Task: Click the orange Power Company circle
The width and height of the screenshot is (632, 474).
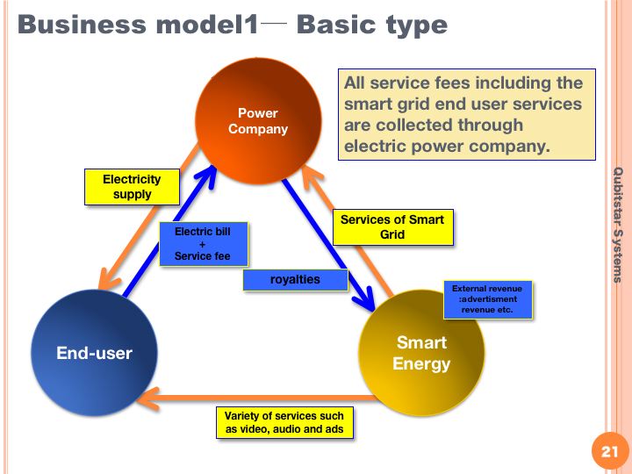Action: (x=258, y=121)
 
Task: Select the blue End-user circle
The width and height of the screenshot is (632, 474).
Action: (x=94, y=353)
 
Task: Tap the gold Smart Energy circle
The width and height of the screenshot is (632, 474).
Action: (x=421, y=353)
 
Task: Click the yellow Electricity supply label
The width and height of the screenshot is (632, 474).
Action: (x=132, y=187)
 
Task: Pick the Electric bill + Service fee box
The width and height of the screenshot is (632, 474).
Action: (x=204, y=244)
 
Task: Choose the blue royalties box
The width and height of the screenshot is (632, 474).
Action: (x=295, y=280)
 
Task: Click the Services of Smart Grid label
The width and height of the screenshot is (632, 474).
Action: (x=393, y=227)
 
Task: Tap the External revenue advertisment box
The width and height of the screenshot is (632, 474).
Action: (x=488, y=299)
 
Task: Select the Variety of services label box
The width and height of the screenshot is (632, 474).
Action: (x=284, y=422)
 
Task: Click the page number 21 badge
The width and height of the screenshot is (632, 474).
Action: (x=609, y=451)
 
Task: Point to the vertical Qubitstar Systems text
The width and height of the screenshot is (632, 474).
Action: (x=617, y=225)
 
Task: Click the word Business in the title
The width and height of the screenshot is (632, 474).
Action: (x=82, y=25)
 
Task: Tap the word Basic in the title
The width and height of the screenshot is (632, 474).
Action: (x=338, y=25)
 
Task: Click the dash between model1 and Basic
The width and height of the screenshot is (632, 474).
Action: (x=274, y=23)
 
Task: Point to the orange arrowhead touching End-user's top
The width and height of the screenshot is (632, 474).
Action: (x=108, y=278)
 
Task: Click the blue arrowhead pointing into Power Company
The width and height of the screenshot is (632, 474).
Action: (x=206, y=176)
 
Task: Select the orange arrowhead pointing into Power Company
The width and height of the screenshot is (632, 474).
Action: (x=311, y=176)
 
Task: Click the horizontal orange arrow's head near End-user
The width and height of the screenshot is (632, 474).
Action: (x=148, y=399)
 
